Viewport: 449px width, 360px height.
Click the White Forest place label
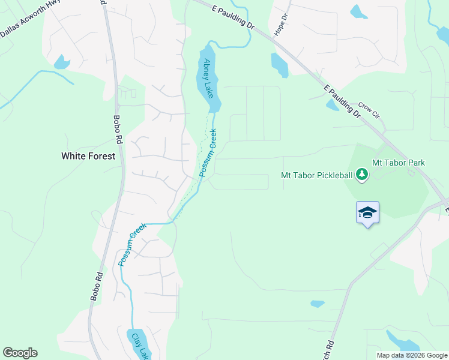click(x=88, y=156)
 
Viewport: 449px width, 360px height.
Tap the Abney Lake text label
click(x=208, y=78)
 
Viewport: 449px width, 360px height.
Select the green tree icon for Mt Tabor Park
click(x=361, y=175)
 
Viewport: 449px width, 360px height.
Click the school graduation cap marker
click(x=367, y=213)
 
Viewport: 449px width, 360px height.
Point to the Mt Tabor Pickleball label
click(x=316, y=175)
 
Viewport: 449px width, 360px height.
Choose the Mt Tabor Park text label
click(x=399, y=163)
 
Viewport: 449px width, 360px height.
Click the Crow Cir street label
click(x=370, y=109)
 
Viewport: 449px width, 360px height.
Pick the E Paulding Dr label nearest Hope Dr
click(x=233, y=16)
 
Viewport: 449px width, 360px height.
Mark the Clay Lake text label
click(x=139, y=346)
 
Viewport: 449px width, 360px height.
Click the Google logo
click(x=20, y=353)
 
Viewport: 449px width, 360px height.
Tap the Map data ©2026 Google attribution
click(x=412, y=355)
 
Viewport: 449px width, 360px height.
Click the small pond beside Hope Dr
click(x=279, y=65)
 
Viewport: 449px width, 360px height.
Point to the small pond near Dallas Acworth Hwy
click(x=61, y=61)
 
